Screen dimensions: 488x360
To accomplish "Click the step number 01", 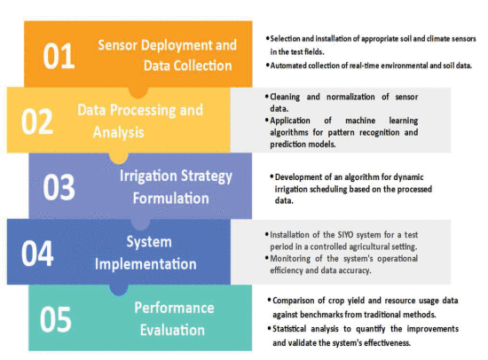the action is point(59,57).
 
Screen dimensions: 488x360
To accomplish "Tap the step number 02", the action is point(37,121).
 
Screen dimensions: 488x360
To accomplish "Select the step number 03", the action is point(59,187).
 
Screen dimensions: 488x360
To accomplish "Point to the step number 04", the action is point(37,254).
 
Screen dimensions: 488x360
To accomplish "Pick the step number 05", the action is point(56,319).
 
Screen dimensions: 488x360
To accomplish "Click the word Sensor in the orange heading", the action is point(118,45).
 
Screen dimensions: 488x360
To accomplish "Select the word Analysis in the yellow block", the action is point(119,132).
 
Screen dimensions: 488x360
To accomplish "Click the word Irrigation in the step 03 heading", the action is point(148,176).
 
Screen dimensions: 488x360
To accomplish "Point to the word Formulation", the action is point(171,199).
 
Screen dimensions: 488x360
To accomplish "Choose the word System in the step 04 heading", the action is point(149,242).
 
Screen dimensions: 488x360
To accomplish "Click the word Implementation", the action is point(146,264).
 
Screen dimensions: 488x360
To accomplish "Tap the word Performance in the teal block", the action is point(174,308).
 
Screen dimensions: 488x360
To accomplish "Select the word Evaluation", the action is point(172,330).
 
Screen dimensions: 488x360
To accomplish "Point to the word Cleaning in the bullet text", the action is point(285,97).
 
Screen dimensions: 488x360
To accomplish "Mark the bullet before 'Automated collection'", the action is point(267,66).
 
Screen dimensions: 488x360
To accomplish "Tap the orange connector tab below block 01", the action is point(138,93).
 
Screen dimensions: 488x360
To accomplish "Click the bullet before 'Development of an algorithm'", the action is point(272,177).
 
